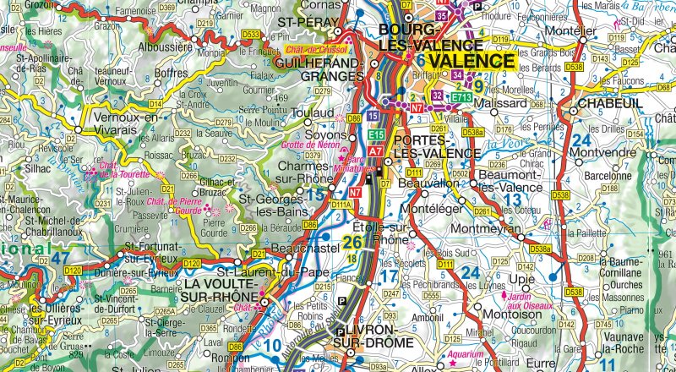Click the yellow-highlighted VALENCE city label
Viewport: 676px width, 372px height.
[x=471, y=61]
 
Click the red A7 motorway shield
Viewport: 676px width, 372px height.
[x=376, y=150]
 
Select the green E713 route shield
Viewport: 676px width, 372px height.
[x=461, y=98]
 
